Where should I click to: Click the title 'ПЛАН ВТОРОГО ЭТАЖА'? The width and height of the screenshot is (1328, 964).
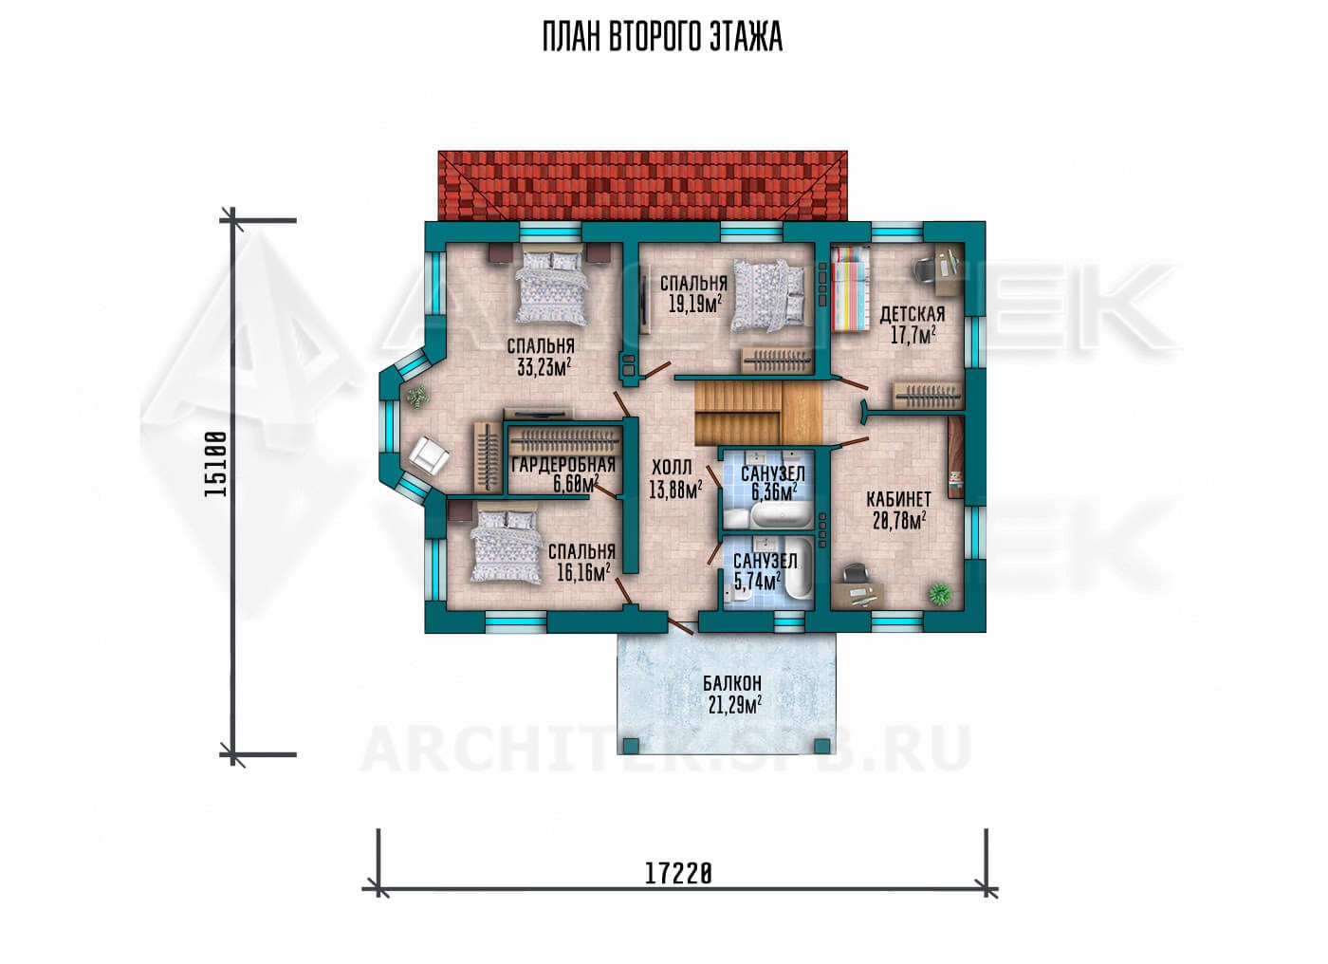pyautogui.click(x=662, y=38)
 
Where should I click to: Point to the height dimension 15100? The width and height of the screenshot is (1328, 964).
pyautogui.click(x=215, y=464)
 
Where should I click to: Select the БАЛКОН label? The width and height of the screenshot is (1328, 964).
pyautogui.click(x=732, y=683)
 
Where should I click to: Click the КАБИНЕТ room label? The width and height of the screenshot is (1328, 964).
pyautogui.click(x=898, y=499)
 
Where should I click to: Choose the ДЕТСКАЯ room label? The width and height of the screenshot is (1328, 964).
pyautogui.click(x=913, y=313)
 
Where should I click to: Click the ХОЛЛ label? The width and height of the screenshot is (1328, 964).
pyautogui.click(x=672, y=468)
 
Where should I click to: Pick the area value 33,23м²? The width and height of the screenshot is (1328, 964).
pyautogui.click(x=544, y=368)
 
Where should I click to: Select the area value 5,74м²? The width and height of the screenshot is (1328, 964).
pyautogui.click(x=757, y=581)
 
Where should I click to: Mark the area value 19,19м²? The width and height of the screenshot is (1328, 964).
pyautogui.click(x=695, y=305)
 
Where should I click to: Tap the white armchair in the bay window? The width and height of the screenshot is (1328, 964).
pyautogui.click(x=429, y=454)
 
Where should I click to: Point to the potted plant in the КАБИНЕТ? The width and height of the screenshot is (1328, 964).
pyautogui.click(x=940, y=593)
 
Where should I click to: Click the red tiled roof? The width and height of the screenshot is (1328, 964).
pyautogui.click(x=643, y=186)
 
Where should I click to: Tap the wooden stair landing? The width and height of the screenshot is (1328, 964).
pyautogui.click(x=802, y=414)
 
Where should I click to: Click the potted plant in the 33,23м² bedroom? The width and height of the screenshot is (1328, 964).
pyautogui.click(x=418, y=396)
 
